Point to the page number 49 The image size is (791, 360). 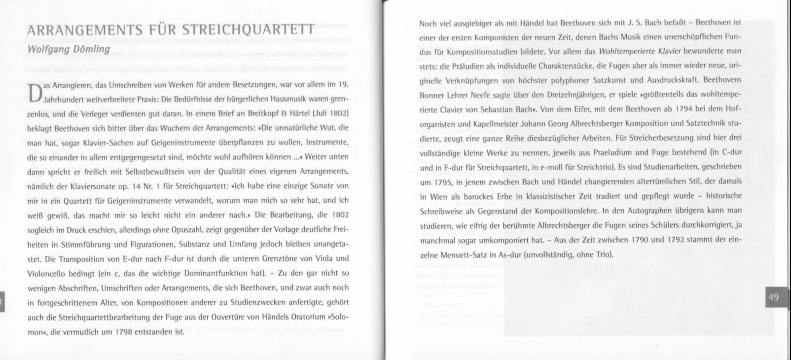773,297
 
